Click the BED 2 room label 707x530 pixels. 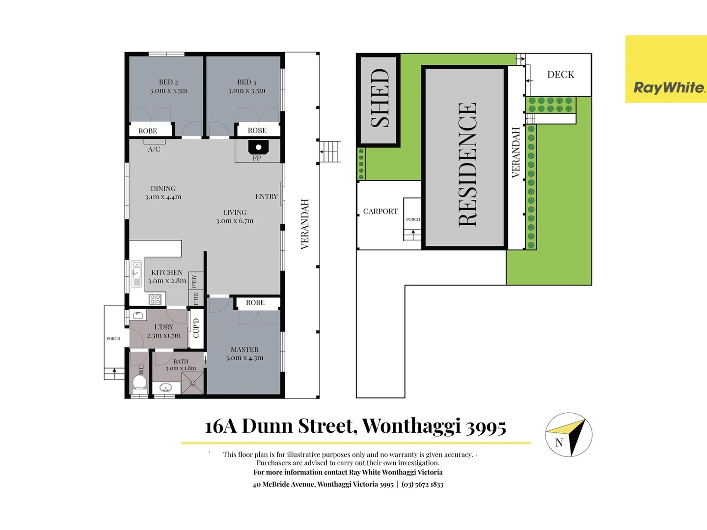[x=168, y=82]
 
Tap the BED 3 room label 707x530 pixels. [x=246, y=82]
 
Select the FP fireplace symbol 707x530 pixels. [x=258, y=147]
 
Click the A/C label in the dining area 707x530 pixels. [x=154, y=149]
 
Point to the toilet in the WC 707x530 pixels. [x=139, y=382]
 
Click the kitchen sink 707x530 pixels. [x=137, y=273]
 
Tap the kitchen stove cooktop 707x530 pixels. [x=155, y=299]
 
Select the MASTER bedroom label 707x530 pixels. [x=245, y=350]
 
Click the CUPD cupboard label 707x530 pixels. [x=196, y=328]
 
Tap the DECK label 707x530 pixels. [x=561, y=75]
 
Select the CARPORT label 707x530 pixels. [x=381, y=212]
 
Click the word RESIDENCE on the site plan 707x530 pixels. [x=467, y=164]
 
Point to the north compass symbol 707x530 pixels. [x=569, y=435]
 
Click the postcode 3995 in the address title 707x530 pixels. [x=486, y=426]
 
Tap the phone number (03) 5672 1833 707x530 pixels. [x=422, y=484]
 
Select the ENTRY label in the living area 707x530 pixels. [x=267, y=197]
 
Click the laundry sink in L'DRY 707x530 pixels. [x=138, y=315]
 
